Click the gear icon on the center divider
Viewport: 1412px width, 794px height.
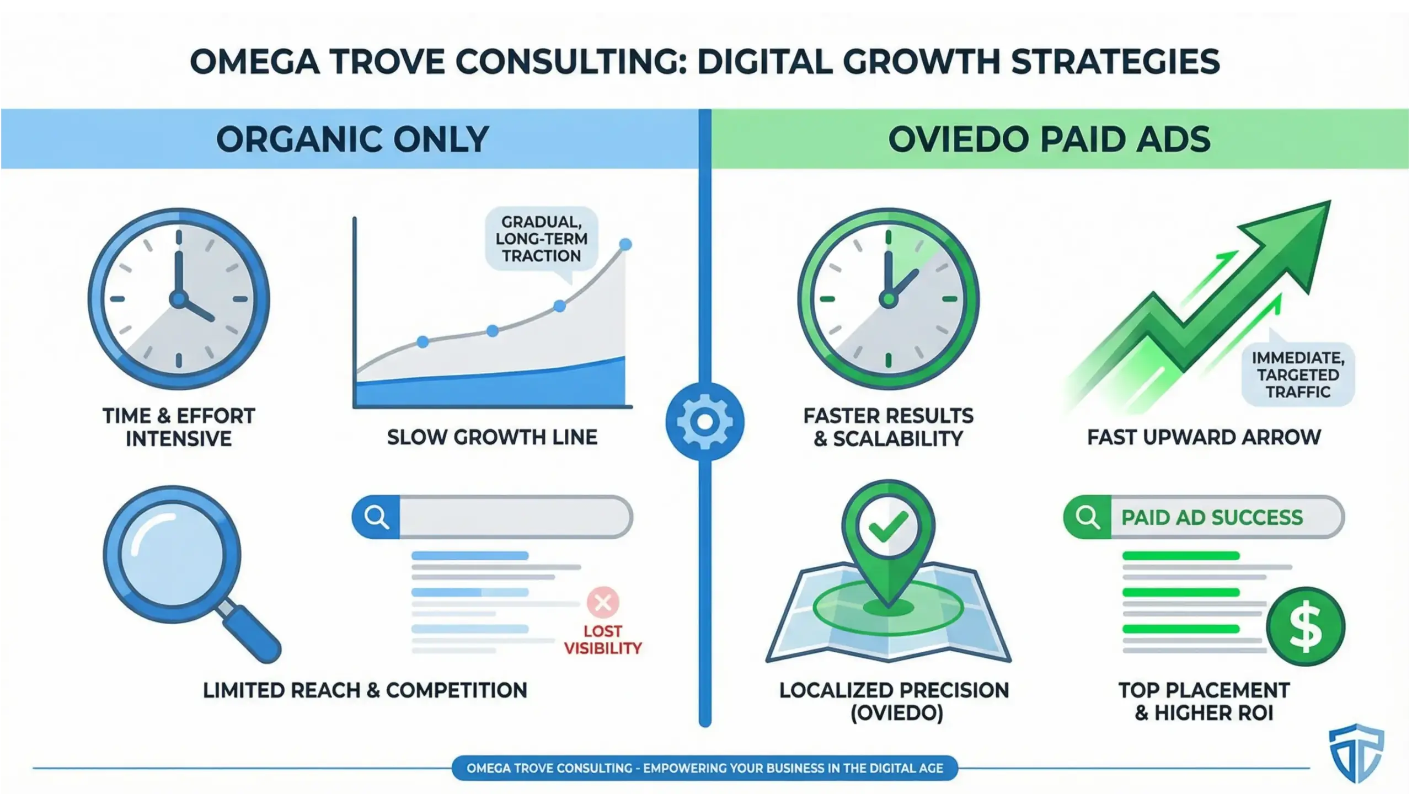704,422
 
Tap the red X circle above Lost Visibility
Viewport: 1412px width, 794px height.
603,602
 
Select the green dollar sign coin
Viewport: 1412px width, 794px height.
1305,627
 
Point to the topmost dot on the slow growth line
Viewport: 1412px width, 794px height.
625,244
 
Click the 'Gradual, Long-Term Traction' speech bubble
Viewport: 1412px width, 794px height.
541,239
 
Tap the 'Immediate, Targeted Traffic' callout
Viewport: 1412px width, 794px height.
1298,375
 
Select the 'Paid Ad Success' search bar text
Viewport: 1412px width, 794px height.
1212,518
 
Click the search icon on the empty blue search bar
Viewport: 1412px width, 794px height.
376,517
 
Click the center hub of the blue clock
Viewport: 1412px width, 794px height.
178,299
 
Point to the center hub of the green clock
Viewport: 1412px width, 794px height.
888,299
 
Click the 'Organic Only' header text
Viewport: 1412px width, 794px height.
352,139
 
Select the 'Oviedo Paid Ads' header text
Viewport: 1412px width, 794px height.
1049,139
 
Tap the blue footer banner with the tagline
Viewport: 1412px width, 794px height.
704,768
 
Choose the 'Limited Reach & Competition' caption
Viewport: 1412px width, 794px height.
365,690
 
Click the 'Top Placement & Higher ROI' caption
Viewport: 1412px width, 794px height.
1204,701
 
